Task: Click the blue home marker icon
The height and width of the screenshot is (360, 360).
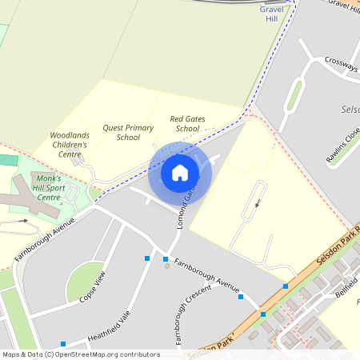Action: click(180, 173)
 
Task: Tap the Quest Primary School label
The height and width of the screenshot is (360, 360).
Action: click(128, 132)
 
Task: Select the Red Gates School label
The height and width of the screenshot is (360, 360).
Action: click(187, 123)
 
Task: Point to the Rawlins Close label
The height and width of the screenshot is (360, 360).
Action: click(343, 145)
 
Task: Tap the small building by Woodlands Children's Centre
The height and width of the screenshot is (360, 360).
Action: click(78, 159)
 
